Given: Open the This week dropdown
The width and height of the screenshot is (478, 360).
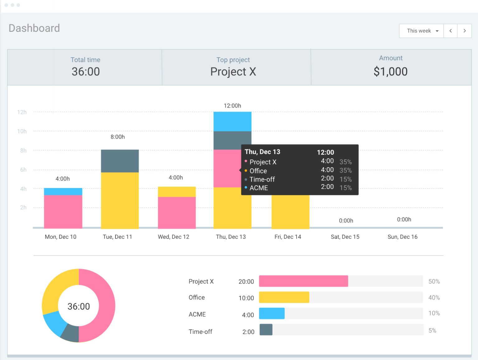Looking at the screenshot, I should pos(421,31).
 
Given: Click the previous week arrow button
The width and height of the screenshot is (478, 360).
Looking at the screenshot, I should pos(450,31).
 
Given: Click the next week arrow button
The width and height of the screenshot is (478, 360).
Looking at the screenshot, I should pos(464,31).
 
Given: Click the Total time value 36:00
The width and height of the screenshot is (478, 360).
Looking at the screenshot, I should pos(86,72).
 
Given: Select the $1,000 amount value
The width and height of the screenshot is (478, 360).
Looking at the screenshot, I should pos(390,72).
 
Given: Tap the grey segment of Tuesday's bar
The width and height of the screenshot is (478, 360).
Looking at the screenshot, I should pos(120,161).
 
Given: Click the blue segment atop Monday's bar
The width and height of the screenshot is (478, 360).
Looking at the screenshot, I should pos(63,192).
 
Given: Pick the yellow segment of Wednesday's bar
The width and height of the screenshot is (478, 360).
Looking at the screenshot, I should pos(177,192).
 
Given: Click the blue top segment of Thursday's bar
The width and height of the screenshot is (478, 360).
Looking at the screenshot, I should pos(232,121).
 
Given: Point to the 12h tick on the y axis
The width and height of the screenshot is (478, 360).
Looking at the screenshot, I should pos(22,112).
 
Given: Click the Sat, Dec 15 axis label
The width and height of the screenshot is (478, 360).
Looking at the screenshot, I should pos(345,237).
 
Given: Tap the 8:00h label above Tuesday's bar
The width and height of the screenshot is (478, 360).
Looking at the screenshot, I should pos(118,137).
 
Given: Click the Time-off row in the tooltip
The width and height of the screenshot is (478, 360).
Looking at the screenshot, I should pos(262,179).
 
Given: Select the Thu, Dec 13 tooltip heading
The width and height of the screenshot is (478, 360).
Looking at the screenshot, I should pos(262,152).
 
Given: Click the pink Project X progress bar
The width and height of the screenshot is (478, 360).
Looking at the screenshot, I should pos(303,281).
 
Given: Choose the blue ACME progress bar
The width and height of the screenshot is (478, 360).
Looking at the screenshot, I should pos(272,313).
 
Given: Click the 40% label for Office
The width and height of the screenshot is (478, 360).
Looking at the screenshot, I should pos(434,297).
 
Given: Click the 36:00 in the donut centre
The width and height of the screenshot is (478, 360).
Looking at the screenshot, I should pos(79,306).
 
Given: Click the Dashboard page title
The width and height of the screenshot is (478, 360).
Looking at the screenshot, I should pos(34,28).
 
